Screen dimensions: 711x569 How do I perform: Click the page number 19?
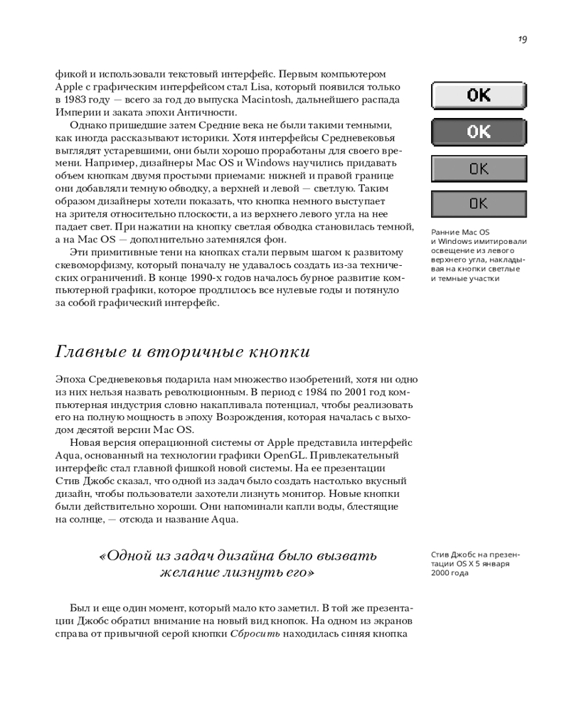(x=523, y=40)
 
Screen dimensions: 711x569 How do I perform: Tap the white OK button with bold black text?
(x=479, y=95)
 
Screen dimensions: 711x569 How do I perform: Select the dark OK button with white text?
(x=479, y=132)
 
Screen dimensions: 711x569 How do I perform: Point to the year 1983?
(x=79, y=100)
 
